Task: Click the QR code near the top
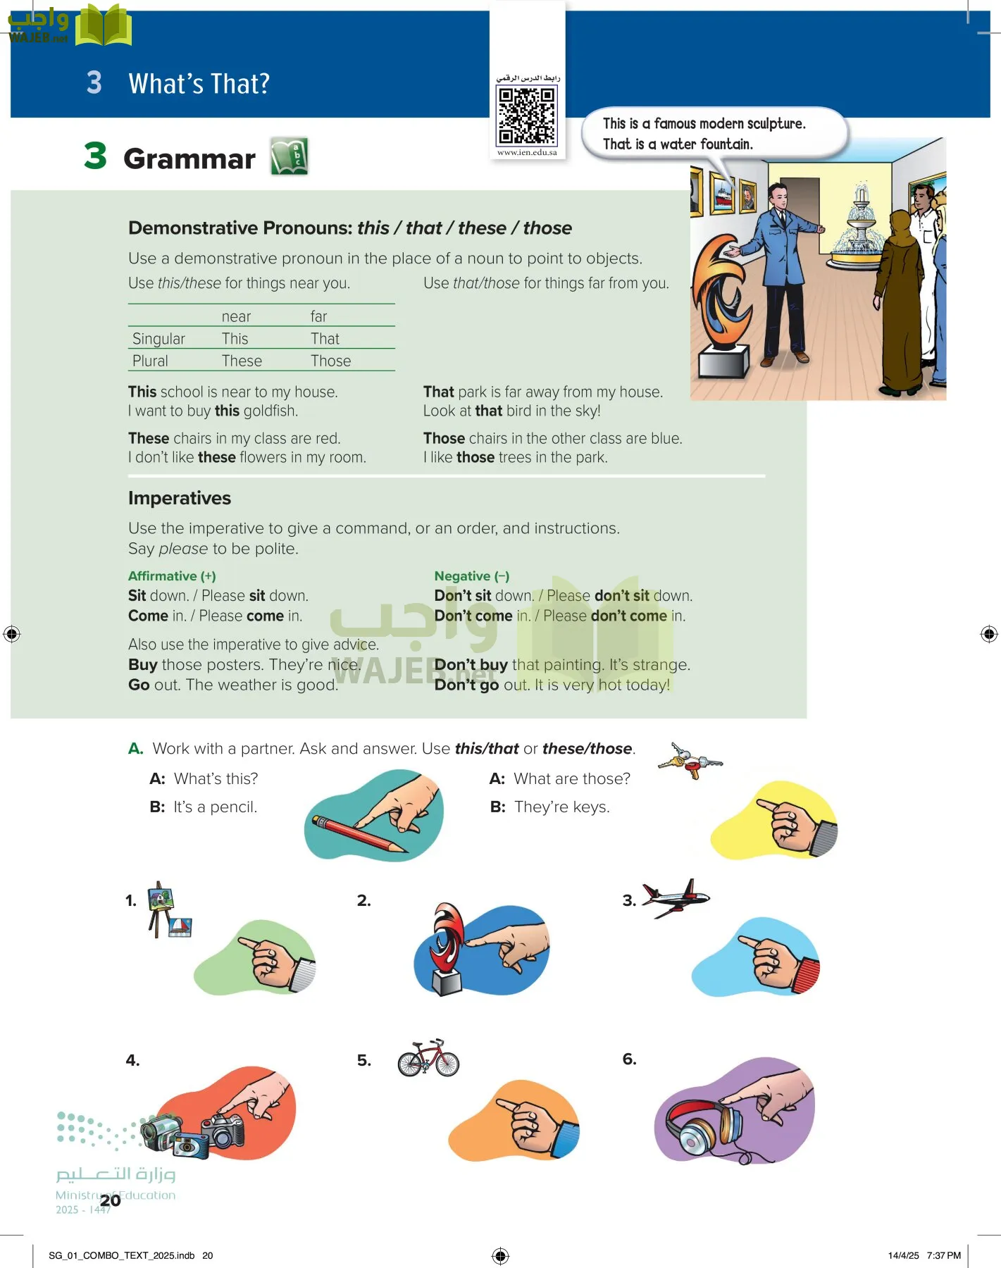click(x=527, y=116)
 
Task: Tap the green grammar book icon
click(x=290, y=156)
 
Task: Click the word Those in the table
click(x=330, y=361)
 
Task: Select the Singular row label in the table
click(x=158, y=339)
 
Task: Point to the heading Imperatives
click(x=180, y=498)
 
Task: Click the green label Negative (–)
click(x=471, y=576)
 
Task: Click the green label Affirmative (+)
click(x=172, y=576)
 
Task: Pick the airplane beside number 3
click(x=675, y=897)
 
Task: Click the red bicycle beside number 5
click(x=428, y=1059)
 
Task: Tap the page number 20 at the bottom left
click(x=110, y=1200)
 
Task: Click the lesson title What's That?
click(x=199, y=84)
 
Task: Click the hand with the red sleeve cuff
click(x=778, y=959)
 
